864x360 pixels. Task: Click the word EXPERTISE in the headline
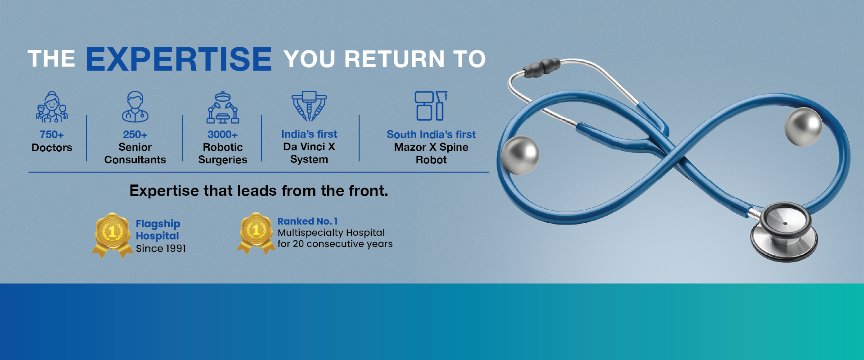point(179,59)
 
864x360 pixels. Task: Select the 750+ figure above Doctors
point(52,135)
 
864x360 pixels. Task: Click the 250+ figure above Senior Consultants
point(135,135)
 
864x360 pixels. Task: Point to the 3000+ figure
point(223,135)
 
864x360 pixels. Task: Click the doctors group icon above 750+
point(52,107)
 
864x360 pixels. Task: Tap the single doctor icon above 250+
point(135,107)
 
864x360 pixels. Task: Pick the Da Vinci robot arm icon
point(309,106)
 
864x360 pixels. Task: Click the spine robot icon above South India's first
point(431,106)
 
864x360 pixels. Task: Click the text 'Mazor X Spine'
point(431,147)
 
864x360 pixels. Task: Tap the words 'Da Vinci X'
point(309,147)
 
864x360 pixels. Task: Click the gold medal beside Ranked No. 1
point(256,233)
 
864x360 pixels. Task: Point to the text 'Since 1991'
point(161,248)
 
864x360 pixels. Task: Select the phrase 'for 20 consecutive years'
point(335,244)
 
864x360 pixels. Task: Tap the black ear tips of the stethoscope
point(541,67)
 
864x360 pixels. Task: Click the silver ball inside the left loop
point(520,155)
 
